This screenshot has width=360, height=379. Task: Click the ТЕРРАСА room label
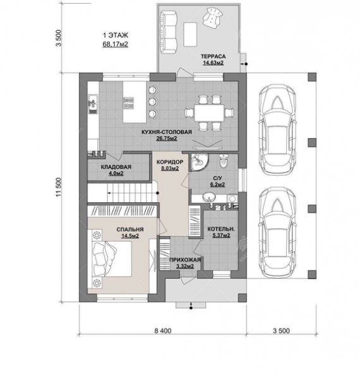213,57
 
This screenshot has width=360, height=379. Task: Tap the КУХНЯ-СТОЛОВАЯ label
167,132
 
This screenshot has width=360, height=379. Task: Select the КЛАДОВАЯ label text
116,167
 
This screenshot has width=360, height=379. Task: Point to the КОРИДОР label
170,162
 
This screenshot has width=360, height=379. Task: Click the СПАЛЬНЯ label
130,229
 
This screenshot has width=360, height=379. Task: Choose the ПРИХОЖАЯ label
185,260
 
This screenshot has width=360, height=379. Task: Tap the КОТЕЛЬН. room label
221,229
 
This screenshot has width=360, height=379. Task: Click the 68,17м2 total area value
115,44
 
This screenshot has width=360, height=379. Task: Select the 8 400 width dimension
163,330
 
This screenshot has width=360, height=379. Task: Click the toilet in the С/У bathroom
223,161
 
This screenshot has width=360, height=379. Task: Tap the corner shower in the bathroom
199,162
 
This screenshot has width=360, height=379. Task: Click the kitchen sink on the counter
93,104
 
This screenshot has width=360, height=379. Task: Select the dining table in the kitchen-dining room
209,112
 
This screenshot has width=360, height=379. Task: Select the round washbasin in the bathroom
209,198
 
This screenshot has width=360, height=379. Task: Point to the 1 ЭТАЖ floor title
116,35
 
